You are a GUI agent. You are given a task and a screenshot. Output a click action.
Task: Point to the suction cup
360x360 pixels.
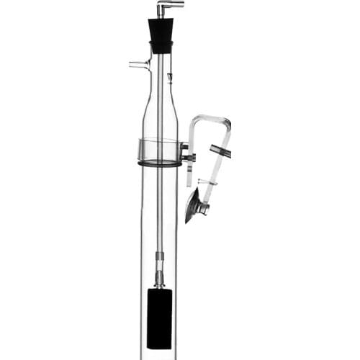193,207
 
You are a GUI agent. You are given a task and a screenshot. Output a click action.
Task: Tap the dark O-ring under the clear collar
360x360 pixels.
158,165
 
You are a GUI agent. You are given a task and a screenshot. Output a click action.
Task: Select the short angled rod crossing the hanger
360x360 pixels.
220,150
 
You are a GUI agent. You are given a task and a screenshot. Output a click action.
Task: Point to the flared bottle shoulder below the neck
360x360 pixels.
159,108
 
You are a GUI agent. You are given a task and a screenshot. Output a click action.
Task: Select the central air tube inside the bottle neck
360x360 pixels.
160,79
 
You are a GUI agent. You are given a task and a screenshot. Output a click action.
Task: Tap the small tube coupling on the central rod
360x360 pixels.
159,256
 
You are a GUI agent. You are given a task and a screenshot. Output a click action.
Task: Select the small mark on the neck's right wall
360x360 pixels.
170,74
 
